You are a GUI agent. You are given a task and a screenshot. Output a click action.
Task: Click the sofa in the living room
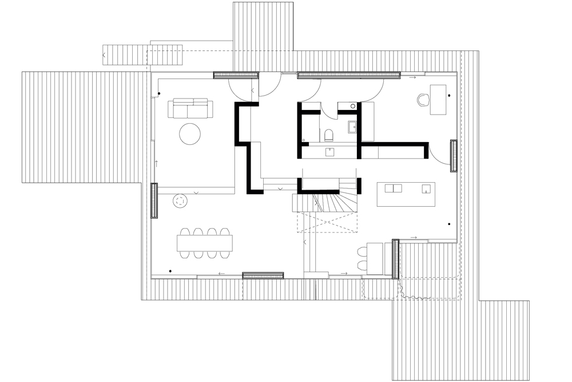coord(190,108)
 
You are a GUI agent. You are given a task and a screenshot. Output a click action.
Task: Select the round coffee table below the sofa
coord(190,134)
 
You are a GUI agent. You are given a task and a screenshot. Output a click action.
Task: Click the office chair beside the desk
coord(423,99)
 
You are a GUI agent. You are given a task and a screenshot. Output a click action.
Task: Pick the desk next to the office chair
coord(438,99)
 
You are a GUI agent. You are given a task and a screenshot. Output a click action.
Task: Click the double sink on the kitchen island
coord(393,188)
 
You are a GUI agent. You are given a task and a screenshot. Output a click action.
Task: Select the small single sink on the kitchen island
coord(424,188)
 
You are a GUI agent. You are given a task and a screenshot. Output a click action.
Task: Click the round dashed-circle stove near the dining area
coord(181,201)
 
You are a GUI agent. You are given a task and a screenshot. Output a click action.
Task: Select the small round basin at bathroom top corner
coord(353,106)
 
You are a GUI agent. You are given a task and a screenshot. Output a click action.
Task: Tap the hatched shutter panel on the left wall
coord(154,200)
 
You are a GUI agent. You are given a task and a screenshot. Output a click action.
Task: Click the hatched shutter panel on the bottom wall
coord(263,275)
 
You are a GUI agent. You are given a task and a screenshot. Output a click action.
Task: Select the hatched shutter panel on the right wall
coord(454,156)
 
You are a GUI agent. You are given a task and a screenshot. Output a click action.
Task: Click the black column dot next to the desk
coord(450,95)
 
